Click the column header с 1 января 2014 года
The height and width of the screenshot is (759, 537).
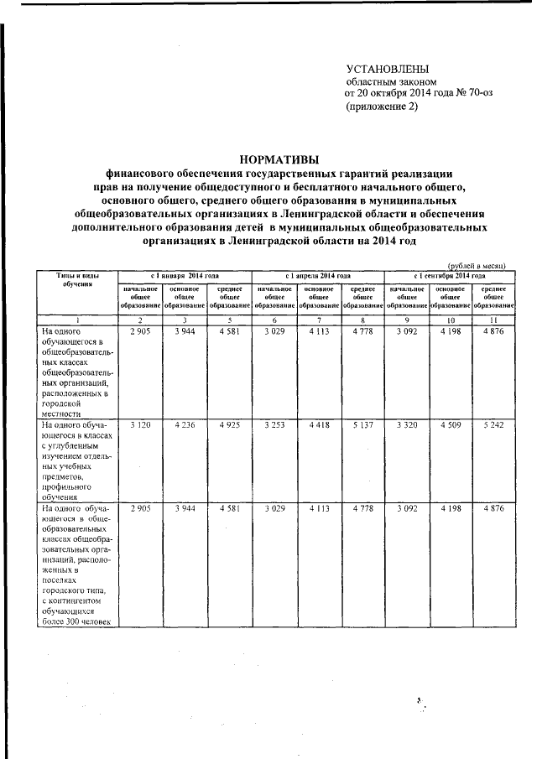tap(185, 276)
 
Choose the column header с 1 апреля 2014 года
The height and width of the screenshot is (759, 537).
tap(317, 276)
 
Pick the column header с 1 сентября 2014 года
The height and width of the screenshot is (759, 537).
tap(450, 276)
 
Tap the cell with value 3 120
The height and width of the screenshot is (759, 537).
tap(139, 426)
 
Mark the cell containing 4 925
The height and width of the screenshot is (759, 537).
tap(229, 426)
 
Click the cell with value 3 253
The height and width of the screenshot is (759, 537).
tap(274, 426)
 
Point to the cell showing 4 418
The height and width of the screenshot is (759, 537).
tap(318, 426)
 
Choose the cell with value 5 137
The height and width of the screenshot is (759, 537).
tap(362, 426)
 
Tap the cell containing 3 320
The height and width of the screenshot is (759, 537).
tap(407, 426)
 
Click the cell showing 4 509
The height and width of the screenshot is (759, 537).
tap(451, 426)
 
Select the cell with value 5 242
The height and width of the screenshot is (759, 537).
tap(494, 426)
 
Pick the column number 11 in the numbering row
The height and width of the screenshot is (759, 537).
tap(494, 320)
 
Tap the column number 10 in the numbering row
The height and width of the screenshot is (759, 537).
tap(451, 320)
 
